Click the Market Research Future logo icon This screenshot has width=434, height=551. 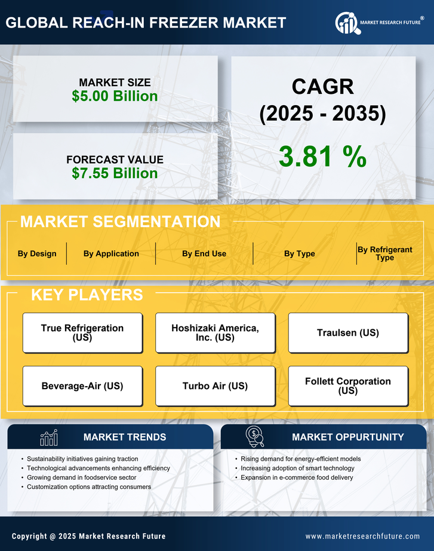[347, 23]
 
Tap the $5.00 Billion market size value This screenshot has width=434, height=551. [115, 96]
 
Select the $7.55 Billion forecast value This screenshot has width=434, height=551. [115, 173]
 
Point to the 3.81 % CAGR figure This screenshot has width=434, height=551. [322, 157]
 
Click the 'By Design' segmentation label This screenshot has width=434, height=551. [37, 253]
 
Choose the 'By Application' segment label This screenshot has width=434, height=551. [111, 253]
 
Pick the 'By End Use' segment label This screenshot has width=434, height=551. [204, 253]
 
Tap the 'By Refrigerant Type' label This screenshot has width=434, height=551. [384, 253]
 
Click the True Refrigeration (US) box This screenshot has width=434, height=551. [82, 332]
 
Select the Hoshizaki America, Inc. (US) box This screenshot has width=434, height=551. [215, 332]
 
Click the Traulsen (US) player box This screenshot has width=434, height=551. [348, 332]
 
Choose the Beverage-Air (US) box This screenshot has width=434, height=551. [82, 386]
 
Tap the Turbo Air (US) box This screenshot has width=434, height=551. [215, 386]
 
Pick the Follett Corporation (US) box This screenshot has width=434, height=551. [348, 386]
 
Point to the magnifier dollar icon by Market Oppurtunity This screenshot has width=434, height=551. [255, 437]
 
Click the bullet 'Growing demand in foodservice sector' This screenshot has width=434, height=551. [82, 477]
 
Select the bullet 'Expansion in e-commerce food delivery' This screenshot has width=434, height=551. [297, 477]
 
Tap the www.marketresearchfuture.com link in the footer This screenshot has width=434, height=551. [362, 536]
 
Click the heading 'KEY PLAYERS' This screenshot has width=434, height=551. [87, 295]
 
